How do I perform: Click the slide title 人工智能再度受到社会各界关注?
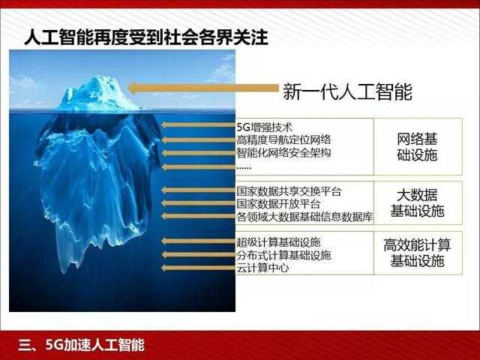[x=146, y=37]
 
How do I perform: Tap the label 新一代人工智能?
[x=347, y=91]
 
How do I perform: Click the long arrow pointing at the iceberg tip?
[x=203, y=88]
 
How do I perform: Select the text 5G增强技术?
[x=265, y=127]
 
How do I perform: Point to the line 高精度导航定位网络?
[x=283, y=140]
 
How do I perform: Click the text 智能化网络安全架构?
[x=283, y=152]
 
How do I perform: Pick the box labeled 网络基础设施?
[x=418, y=146]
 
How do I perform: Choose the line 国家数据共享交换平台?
[x=289, y=191]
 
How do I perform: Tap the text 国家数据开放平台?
[x=278, y=203]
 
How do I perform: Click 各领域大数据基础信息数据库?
[x=304, y=217]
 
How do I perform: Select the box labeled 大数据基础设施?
[x=418, y=203]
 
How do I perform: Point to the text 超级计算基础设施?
[x=278, y=241]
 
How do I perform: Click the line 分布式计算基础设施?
[x=283, y=255]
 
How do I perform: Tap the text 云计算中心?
[x=262, y=268]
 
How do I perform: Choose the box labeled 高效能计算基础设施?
[x=418, y=253]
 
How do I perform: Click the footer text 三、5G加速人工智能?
[x=81, y=345]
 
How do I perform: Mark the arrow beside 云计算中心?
[x=198, y=268]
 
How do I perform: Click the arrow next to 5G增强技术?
[x=198, y=124]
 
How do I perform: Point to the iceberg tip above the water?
[x=98, y=92]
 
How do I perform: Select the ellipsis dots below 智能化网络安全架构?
[x=244, y=167]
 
